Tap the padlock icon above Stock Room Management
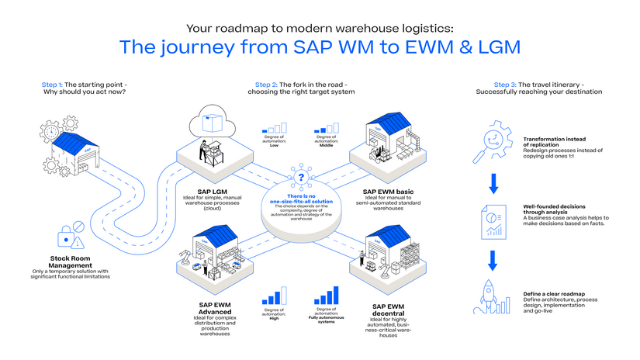65,235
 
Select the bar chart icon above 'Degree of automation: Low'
274,126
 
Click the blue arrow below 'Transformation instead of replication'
491,184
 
